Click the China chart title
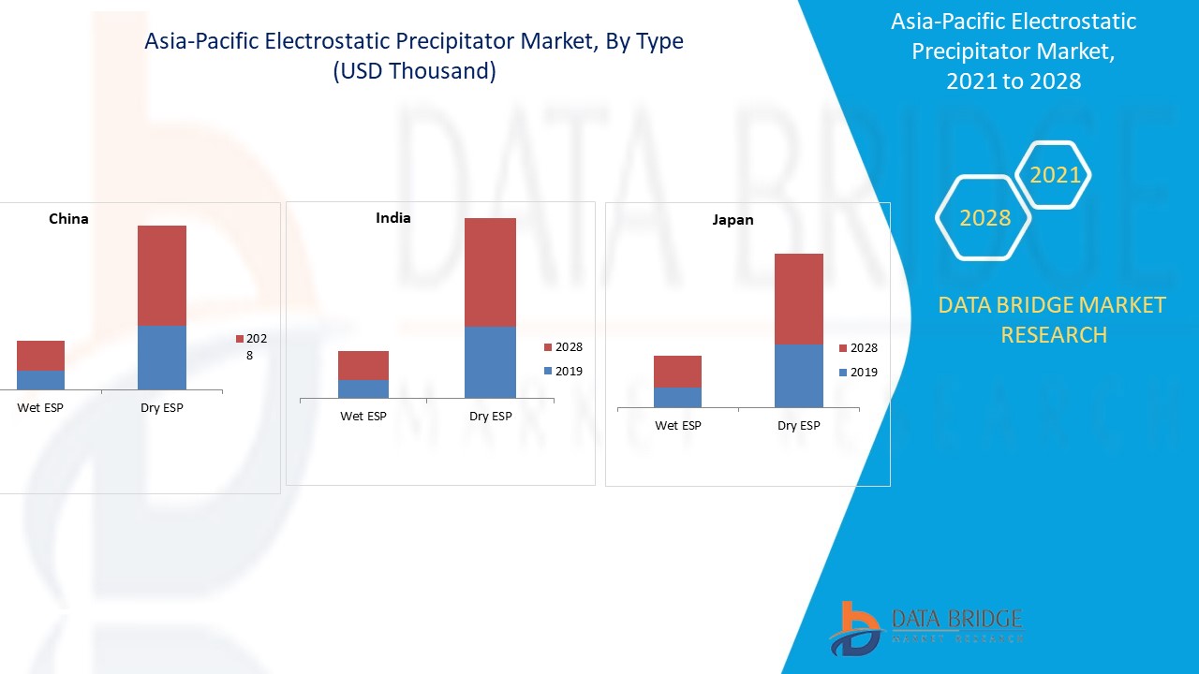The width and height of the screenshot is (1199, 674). (x=68, y=219)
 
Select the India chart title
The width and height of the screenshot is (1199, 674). (x=393, y=218)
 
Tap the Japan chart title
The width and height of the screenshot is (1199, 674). (x=733, y=220)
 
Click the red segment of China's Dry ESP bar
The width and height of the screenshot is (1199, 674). (x=162, y=275)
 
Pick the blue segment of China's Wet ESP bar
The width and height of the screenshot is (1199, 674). (x=40, y=380)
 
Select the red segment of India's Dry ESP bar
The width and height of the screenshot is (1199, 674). (x=490, y=271)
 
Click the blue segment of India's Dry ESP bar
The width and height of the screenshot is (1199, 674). (x=490, y=362)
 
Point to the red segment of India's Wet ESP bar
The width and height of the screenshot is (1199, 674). (x=363, y=365)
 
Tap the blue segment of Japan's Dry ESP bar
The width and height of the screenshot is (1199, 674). (x=799, y=375)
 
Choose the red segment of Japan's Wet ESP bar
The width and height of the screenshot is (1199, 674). (x=677, y=372)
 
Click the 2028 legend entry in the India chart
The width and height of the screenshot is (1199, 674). (x=563, y=347)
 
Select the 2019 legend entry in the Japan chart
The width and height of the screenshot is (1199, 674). (x=858, y=373)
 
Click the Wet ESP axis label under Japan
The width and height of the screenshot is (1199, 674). (x=678, y=426)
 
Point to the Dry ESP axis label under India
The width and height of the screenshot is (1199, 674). (x=491, y=417)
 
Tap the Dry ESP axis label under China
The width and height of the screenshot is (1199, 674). (x=162, y=408)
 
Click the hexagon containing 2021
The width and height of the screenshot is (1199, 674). (x=1055, y=175)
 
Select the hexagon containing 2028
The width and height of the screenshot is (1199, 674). (x=984, y=218)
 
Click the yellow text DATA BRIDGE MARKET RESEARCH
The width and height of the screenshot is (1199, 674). (x=1052, y=319)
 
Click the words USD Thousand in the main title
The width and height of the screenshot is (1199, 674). (x=414, y=71)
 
